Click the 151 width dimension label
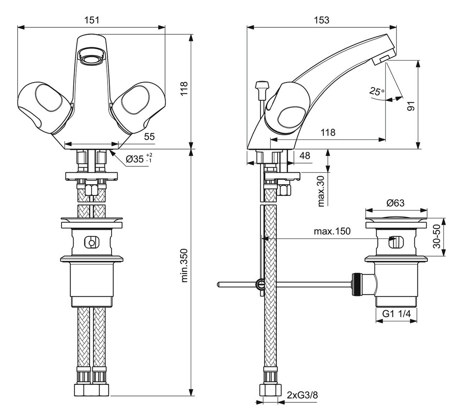[x=91, y=20]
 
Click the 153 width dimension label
[x=321, y=20]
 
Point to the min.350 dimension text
[x=184, y=265]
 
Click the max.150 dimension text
[x=332, y=231]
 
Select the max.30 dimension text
[x=322, y=191]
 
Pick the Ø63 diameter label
[x=395, y=203]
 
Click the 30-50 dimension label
[x=436, y=237]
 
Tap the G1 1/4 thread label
[x=396, y=314]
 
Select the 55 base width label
[x=149, y=136]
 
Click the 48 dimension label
[x=305, y=156]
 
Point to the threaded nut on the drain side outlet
[x=356, y=285]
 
